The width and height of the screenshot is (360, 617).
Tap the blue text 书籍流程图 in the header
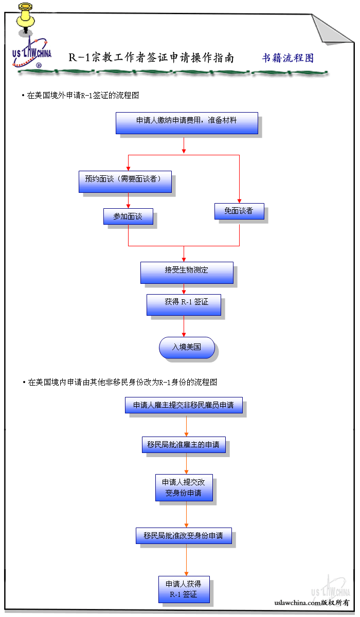point(287,58)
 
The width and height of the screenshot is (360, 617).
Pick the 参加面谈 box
point(128,216)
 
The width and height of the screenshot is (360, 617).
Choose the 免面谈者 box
point(239,211)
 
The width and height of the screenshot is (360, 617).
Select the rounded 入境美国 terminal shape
point(187,347)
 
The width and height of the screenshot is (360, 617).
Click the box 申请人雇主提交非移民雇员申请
point(184,405)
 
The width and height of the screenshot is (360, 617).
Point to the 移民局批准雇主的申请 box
point(184,445)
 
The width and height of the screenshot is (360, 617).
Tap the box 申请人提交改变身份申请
point(184,488)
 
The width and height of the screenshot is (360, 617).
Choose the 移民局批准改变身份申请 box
point(184,536)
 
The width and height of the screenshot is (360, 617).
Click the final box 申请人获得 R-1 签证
point(184,589)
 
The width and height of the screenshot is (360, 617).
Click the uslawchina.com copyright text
point(312,602)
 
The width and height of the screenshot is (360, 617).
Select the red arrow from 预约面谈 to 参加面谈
point(128,201)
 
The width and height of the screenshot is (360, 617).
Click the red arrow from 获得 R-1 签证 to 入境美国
point(184,326)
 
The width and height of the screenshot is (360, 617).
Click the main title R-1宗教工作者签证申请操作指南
point(151,58)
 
